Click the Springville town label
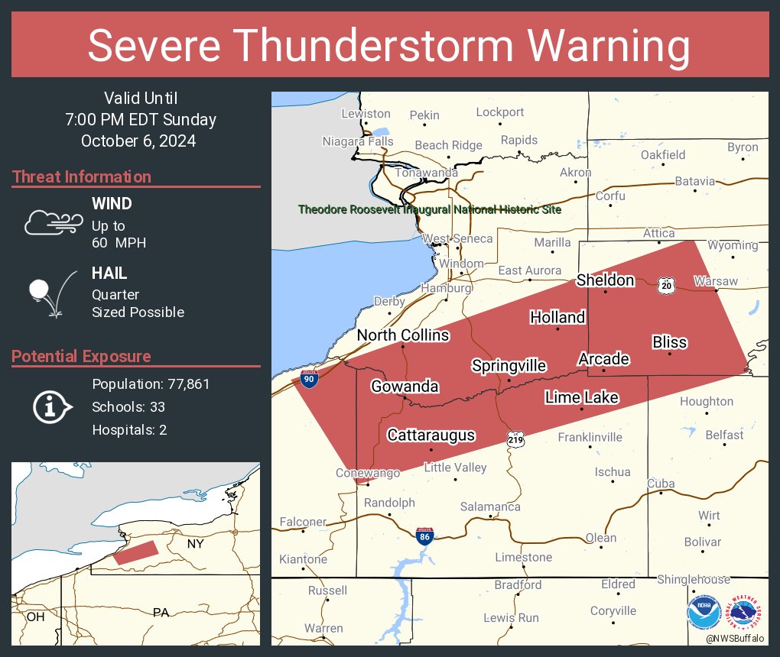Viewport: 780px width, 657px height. pos(509,366)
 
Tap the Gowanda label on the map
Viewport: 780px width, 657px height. pos(405,387)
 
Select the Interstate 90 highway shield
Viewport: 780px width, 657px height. pos(309,380)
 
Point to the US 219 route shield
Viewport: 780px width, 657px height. pos(515,439)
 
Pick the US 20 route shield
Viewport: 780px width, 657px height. pos(666,285)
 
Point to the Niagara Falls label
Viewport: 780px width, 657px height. pos(358,141)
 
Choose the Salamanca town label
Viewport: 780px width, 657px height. pos(490,507)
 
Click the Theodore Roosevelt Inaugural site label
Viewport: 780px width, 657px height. pos(430,209)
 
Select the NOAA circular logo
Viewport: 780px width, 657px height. pos(704,612)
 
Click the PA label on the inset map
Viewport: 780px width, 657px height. pos(161,612)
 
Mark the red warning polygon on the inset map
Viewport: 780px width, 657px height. pos(136,552)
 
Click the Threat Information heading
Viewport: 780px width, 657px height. pos(82,176)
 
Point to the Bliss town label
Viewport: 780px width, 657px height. pos(669,342)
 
